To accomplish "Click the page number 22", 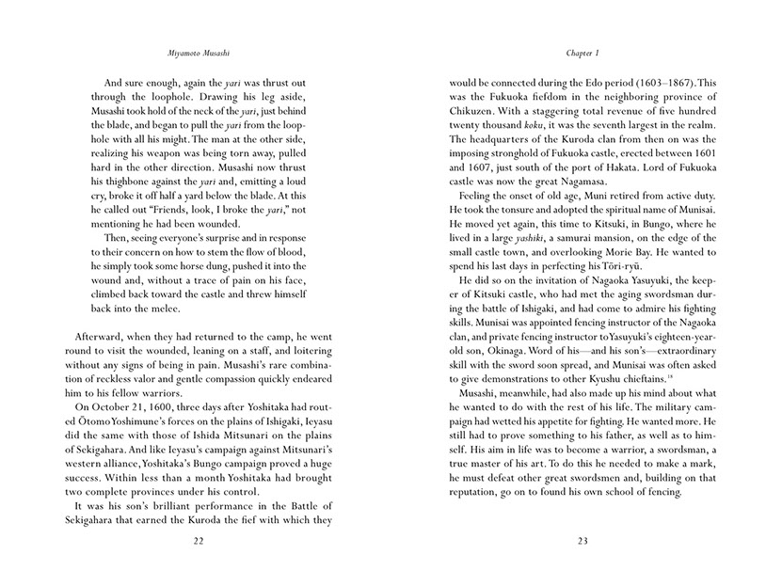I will pos(197,542).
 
